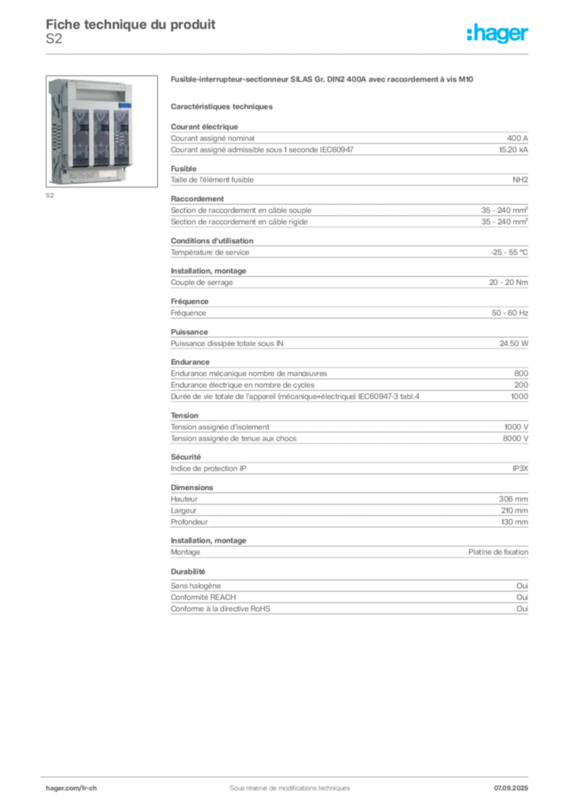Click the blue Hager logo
(x=499, y=34)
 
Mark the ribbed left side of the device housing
(x=57, y=133)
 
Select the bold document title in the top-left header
(x=130, y=24)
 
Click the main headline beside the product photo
(x=323, y=81)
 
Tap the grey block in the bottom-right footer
(x=516, y=783)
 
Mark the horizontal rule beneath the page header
(x=289, y=53)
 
